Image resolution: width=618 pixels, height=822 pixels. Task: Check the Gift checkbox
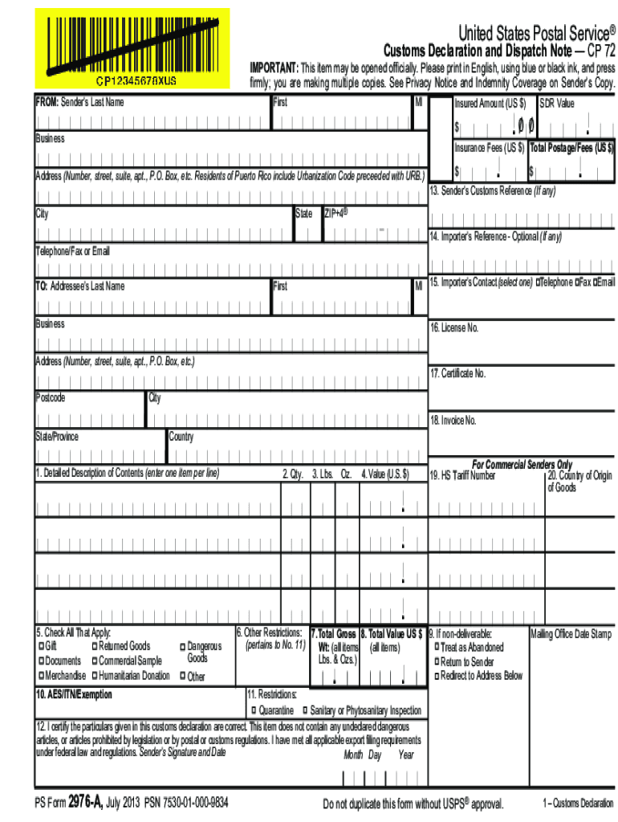click(41, 646)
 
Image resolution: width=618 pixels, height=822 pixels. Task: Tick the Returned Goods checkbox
click(95, 646)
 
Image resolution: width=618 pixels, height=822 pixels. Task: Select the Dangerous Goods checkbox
click(181, 646)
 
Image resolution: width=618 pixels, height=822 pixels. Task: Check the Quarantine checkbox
click(253, 711)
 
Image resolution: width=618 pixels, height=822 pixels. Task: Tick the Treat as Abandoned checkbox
click(437, 647)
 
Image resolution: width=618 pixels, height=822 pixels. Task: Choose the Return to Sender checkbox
click(437, 662)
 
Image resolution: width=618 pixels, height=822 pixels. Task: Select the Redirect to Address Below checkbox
click(437, 676)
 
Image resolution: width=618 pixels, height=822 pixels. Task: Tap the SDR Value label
click(558, 104)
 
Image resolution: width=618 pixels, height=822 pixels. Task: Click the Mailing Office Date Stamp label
click(571, 634)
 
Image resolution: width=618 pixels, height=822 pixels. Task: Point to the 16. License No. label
click(454, 328)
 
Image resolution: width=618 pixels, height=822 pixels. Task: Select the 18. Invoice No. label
click(453, 421)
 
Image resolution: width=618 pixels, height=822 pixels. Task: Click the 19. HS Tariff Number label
click(463, 475)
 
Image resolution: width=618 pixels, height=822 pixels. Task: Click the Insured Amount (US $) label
click(490, 104)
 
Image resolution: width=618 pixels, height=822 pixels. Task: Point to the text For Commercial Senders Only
click(522, 465)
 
